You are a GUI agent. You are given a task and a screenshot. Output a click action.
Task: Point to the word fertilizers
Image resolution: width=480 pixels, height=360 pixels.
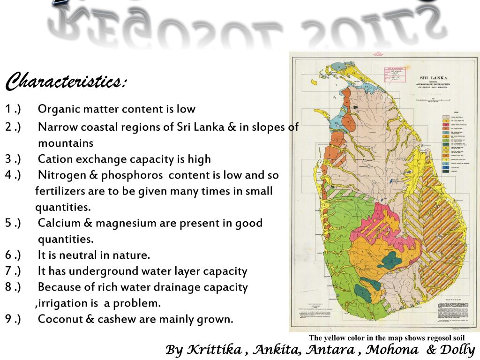pyautogui.click(x=60, y=191)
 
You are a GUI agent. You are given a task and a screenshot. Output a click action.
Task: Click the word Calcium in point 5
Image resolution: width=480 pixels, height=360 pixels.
pyautogui.click(x=58, y=223)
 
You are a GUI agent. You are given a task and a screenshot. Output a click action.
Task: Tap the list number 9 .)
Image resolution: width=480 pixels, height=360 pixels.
pyautogui.click(x=13, y=319)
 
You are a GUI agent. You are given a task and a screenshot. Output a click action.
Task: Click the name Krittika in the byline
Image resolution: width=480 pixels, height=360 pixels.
pyautogui.click(x=215, y=350)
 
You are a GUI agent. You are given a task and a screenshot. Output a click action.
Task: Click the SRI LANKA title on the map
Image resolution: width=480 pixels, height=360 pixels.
pyautogui.click(x=434, y=77)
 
